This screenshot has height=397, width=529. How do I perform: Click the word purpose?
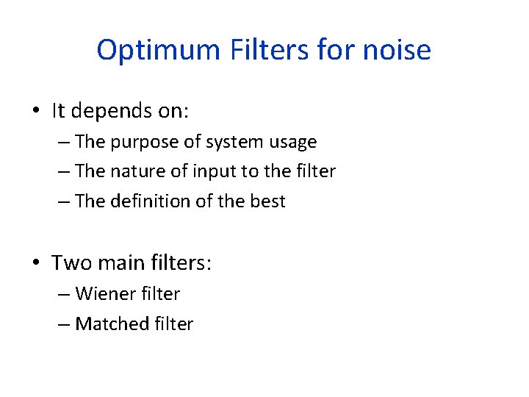coord(143,142)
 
